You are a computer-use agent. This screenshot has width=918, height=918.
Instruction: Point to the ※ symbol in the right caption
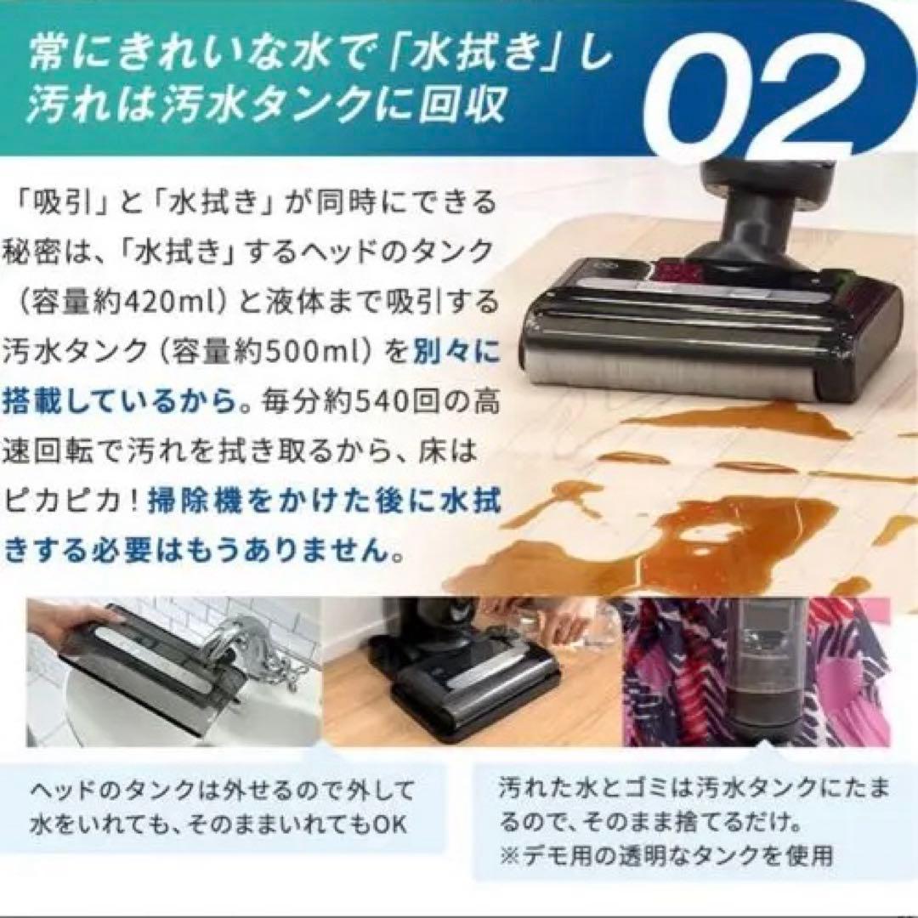point(510,854)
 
